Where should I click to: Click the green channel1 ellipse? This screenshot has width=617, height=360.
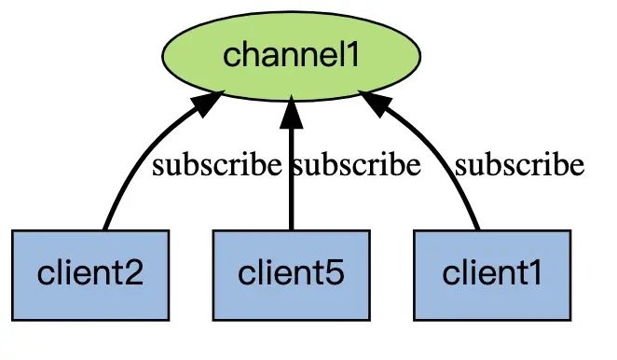[292, 56]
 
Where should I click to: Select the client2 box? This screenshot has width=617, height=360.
[90, 275]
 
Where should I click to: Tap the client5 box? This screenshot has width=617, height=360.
[292, 275]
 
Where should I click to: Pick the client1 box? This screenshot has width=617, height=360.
[492, 275]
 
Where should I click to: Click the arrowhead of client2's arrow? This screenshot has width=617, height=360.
[208, 104]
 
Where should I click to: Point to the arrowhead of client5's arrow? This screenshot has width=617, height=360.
[291, 112]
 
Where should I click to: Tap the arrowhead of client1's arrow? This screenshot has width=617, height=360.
[376, 104]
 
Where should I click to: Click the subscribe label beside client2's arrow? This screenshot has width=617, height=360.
[217, 165]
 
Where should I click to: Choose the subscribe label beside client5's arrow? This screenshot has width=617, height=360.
[356, 165]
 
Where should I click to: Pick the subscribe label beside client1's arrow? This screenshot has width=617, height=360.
[519, 165]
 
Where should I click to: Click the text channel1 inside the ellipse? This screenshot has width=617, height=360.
[291, 55]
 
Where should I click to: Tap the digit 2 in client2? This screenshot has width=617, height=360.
[132, 273]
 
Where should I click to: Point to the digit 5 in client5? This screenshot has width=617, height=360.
[334, 273]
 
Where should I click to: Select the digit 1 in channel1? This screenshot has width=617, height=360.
[352, 55]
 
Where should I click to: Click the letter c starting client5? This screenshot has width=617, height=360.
[247, 275]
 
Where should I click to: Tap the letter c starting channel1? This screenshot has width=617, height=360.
[232, 58]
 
